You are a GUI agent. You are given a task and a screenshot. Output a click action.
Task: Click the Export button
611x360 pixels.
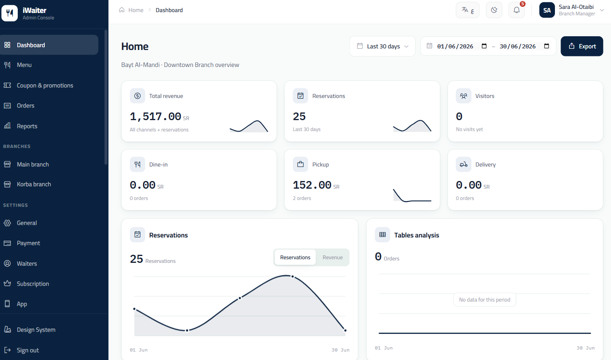tap(582, 46)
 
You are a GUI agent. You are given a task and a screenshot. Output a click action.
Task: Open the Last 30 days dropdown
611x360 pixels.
tap(382, 46)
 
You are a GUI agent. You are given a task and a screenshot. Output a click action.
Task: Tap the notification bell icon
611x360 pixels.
tap(516, 10)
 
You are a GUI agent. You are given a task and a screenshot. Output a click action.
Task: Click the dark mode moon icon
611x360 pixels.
tap(494, 10)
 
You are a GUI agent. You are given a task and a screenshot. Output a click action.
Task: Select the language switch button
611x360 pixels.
tap(467, 10)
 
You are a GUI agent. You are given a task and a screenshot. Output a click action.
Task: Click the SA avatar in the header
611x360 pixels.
tap(547, 10)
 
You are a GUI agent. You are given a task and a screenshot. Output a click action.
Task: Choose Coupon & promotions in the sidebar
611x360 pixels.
tap(45, 85)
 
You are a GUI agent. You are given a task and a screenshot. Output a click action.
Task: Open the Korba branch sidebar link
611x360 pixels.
tap(34, 184)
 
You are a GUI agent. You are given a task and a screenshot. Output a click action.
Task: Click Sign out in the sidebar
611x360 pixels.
tap(28, 350)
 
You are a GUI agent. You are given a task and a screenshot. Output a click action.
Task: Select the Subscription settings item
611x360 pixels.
tap(33, 284)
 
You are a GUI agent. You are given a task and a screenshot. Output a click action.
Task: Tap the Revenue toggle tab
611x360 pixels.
tap(332, 257)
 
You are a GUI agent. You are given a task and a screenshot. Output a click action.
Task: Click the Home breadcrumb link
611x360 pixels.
tap(136, 10)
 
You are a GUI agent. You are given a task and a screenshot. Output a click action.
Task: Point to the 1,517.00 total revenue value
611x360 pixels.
tap(156, 117)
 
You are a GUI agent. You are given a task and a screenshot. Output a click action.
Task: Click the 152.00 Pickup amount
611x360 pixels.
tap(312, 185)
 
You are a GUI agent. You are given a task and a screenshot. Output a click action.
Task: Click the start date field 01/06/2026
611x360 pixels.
tap(455, 46)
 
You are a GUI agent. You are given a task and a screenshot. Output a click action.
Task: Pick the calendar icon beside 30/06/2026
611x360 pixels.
tap(546, 46)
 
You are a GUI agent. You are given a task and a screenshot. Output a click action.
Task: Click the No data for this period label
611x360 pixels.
tap(484, 300)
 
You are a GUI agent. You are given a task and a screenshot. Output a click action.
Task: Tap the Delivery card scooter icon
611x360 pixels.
tap(463, 164)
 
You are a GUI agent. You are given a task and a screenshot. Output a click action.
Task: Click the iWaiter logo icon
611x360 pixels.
tap(10, 13)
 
